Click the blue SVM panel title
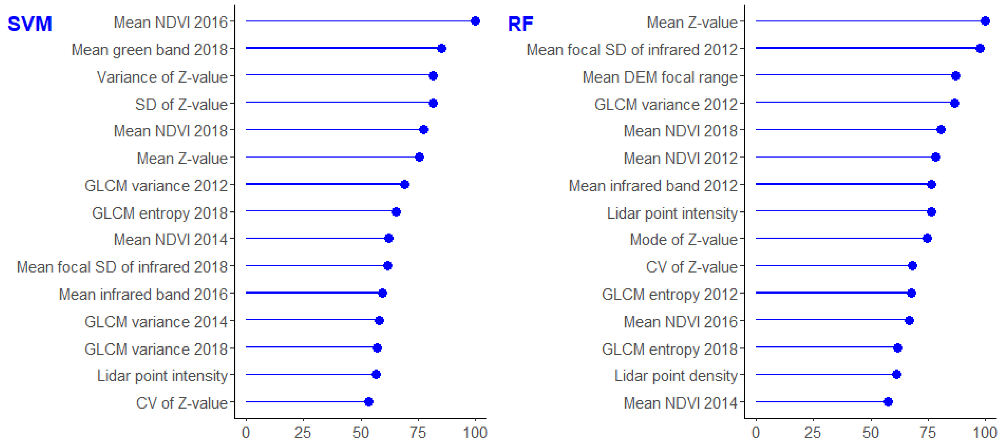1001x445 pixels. click(30, 24)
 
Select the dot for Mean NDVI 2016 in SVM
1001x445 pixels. click(475, 21)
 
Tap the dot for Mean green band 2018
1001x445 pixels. click(442, 48)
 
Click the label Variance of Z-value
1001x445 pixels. click(162, 77)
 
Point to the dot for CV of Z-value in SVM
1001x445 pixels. click(369, 402)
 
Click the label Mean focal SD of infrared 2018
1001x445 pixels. click(122, 267)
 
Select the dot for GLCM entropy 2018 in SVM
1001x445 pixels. click(396, 212)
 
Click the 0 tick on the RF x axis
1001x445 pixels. click(756, 432)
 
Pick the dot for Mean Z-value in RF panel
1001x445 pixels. click(985, 21)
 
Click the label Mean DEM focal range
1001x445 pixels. click(660, 77)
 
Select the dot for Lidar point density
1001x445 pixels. click(896, 374)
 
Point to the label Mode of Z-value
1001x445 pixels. click(683, 239)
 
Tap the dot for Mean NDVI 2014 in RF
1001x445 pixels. click(888, 402)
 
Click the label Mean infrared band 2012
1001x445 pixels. click(653, 186)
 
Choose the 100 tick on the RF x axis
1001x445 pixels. click(985, 432)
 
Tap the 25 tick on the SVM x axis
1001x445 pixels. click(303, 432)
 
